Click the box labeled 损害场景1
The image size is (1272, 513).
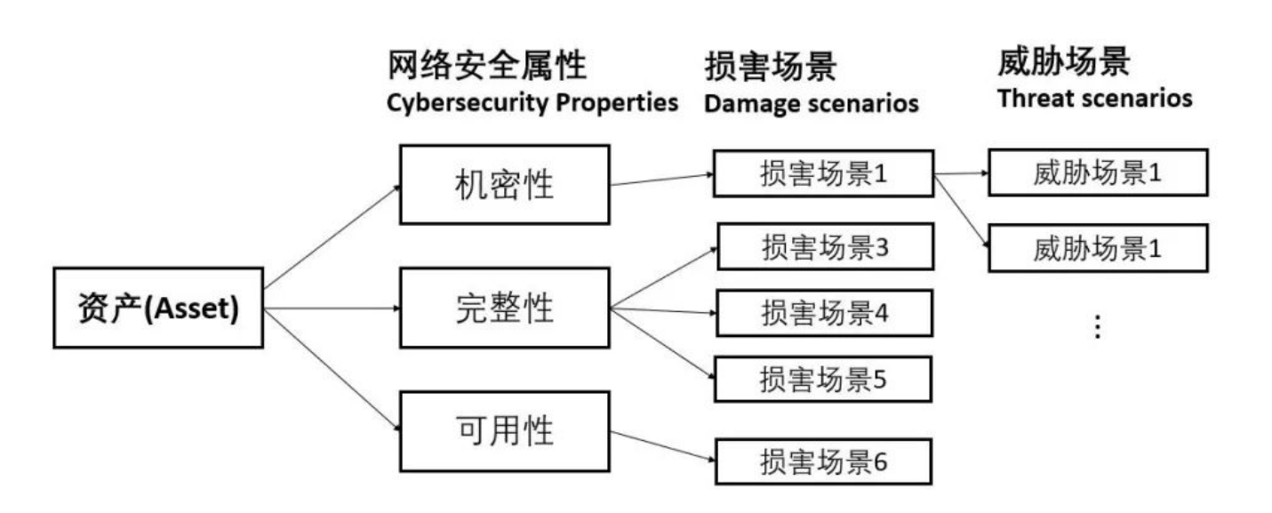823,172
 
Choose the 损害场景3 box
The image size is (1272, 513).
824,245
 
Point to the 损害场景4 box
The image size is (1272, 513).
824,312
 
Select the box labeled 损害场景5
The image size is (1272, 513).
823,379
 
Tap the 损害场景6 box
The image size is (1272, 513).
823,461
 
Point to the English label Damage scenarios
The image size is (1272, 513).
811,104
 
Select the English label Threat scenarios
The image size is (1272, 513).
1094,98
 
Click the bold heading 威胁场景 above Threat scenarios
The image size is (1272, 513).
1063,63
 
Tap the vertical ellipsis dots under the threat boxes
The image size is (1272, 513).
1097,328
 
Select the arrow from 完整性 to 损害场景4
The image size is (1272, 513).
662,311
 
